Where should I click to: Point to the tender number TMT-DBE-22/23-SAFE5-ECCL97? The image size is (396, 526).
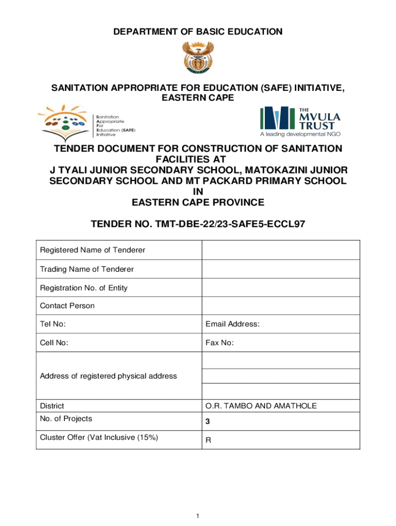pos(197,224)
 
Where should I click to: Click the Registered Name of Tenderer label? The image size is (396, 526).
pos(93,250)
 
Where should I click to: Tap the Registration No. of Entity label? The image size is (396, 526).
pos(84,288)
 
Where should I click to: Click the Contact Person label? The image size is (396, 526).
pos(67,306)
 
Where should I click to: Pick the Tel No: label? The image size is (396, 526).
pos(53,324)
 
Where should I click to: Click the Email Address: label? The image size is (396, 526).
pos(232,324)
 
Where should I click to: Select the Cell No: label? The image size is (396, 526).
pos(54,343)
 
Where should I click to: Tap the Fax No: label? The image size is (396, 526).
pos(220,343)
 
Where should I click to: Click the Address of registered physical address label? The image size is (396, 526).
pos(109,376)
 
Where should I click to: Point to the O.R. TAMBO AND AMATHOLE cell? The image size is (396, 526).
pos(261,406)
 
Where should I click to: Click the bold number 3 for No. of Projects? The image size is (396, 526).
pos(207,422)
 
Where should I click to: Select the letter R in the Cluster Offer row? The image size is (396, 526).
pos(208,440)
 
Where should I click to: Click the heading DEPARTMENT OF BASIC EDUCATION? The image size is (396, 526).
pos(197,32)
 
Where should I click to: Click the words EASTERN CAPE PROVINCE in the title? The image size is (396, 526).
pos(198,202)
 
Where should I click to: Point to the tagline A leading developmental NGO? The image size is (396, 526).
pos(300,135)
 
